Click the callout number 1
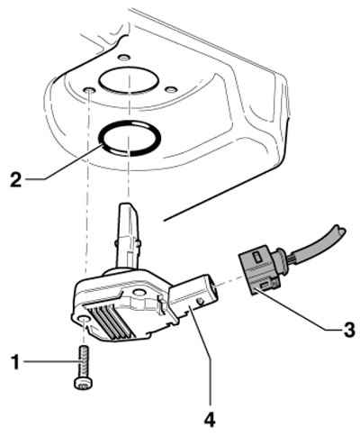click(14, 362)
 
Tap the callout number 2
click(15, 179)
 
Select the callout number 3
click(348, 330)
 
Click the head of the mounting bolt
click(83, 383)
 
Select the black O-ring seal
click(102, 141)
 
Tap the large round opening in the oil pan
click(129, 79)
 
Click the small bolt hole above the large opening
click(123, 57)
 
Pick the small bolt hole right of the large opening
click(171, 89)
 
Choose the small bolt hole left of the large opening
click(89, 90)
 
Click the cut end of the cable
click(341, 232)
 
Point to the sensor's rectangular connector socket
click(194, 297)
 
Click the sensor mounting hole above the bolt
click(83, 320)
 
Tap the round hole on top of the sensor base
click(139, 293)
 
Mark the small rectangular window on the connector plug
click(257, 257)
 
